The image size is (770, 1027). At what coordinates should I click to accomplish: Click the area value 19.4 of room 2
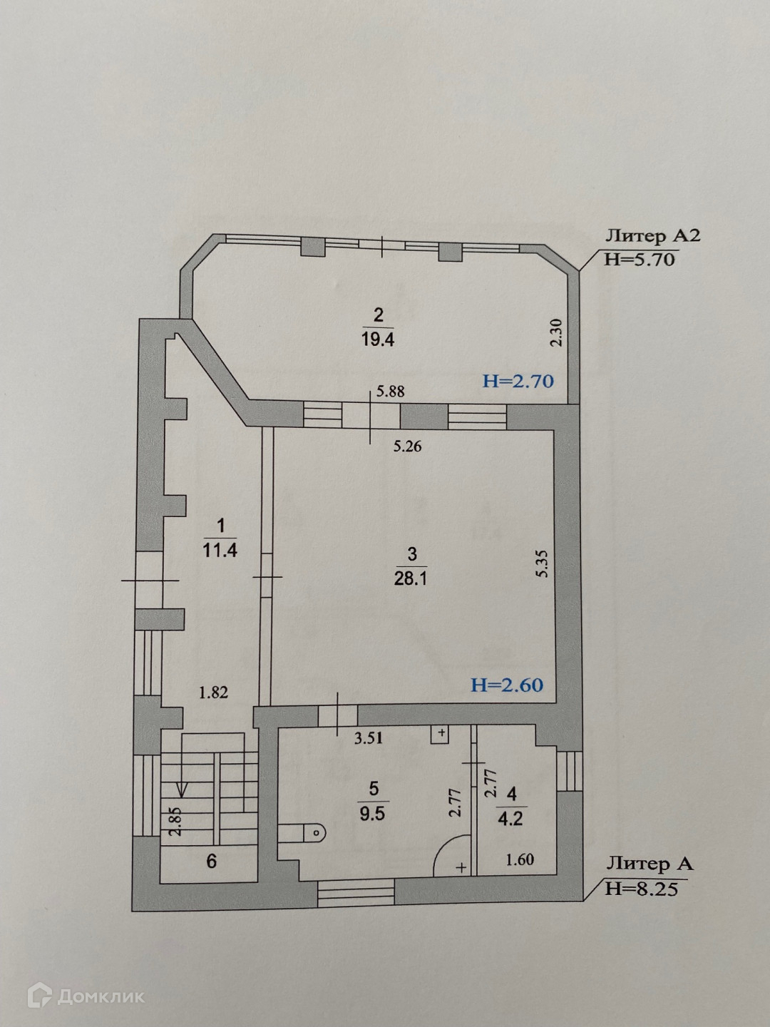pyautogui.click(x=378, y=338)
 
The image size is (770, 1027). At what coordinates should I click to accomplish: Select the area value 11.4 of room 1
pyautogui.click(x=220, y=550)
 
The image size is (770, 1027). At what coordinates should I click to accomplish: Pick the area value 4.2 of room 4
pyautogui.click(x=511, y=817)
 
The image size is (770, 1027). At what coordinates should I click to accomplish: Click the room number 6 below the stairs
pyautogui.click(x=211, y=861)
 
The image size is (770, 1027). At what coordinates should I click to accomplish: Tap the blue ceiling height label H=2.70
pyautogui.click(x=518, y=381)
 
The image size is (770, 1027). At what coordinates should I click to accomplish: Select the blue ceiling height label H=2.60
pyautogui.click(x=507, y=685)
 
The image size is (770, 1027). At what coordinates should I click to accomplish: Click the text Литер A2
pyautogui.click(x=652, y=236)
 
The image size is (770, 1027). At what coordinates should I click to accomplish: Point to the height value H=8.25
pyautogui.click(x=640, y=889)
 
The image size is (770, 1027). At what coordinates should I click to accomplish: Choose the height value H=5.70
pyautogui.click(x=639, y=259)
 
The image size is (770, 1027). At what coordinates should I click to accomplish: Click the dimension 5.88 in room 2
pyautogui.click(x=390, y=391)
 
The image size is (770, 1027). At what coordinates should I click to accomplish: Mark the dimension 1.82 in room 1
pyautogui.click(x=213, y=691)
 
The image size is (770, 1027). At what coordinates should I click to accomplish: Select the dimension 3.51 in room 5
pyautogui.click(x=369, y=738)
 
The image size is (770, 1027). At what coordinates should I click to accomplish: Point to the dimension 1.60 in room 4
pyautogui.click(x=520, y=860)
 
